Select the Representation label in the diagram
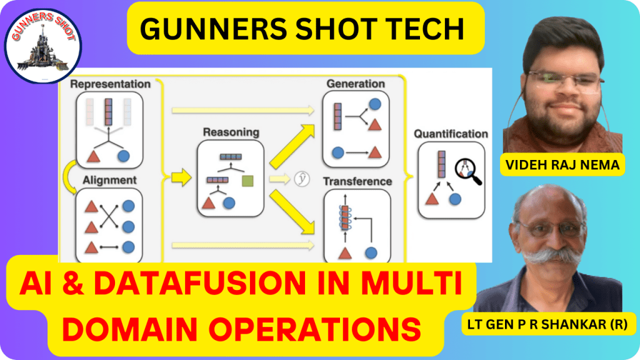tap(110, 83)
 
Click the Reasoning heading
tap(231, 132)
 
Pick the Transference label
tap(357, 181)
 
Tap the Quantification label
tap(451, 133)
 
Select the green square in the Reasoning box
tap(247, 181)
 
